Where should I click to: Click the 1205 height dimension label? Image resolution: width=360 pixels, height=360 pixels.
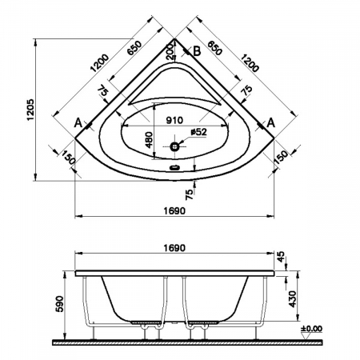[x=31, y=110]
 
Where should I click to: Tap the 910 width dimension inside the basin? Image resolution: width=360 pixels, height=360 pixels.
[x=174, y=120]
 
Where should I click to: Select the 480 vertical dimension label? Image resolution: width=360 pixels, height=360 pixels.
[x=149, y=140]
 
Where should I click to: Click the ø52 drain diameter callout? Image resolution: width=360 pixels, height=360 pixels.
[x=198, y=132]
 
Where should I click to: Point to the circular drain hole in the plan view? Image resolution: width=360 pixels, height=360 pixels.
[x=175, y=146]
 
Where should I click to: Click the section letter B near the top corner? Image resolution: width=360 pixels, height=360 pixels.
[x=197, y=51]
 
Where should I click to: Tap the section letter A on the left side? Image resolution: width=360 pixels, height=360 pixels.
[x=78, y=123]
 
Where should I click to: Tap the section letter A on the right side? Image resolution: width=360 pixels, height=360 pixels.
[x=270, y=123]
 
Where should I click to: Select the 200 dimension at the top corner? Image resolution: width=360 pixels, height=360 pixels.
[x=170, y=51]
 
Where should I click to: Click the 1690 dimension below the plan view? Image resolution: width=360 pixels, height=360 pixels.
[x=174, y=210]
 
